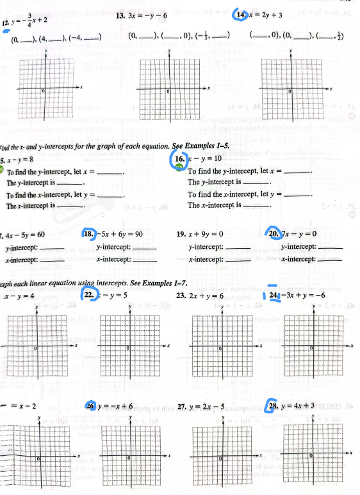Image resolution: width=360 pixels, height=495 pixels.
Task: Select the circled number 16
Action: [x=179, y=158]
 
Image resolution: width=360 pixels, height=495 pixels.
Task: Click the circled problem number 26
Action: [x=91, y=407]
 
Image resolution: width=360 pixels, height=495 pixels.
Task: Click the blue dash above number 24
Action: [x=272, y=285]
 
